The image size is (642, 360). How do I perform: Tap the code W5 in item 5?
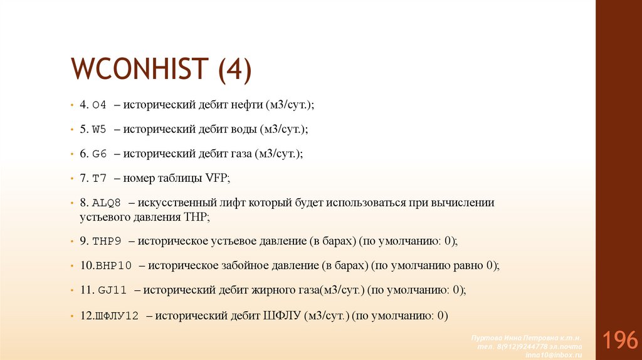[99, 130]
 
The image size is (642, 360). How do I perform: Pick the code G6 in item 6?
[99, 154]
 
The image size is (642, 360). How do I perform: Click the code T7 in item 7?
[99, 179]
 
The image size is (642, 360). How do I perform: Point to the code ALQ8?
[105, 203]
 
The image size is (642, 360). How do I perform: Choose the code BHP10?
[113, 265]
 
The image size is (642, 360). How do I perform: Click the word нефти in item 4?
[250, 105]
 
